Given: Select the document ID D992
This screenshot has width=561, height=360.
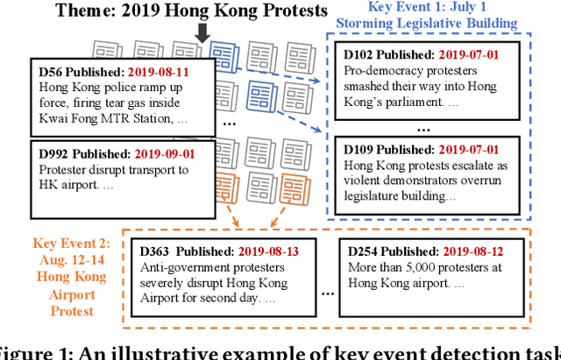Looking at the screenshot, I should point(54,154).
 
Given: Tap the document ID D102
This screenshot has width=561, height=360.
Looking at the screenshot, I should point(362,54).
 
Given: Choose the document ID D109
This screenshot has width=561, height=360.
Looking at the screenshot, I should point(362,149).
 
